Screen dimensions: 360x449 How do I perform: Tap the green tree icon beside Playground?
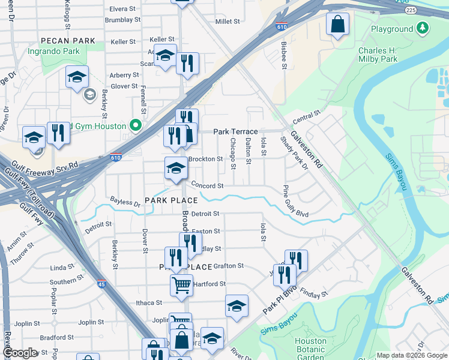point(423,28)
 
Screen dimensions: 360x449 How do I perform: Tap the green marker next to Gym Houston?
point(136,126)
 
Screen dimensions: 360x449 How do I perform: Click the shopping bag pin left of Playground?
point(338,24)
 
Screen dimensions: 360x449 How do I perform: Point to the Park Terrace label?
point(235,131)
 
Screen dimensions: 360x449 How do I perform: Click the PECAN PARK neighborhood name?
point(68,41)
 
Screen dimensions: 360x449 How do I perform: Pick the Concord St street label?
point(207,186)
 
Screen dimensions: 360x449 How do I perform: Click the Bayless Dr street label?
point(125,203)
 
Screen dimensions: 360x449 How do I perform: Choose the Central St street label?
point(307,114)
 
